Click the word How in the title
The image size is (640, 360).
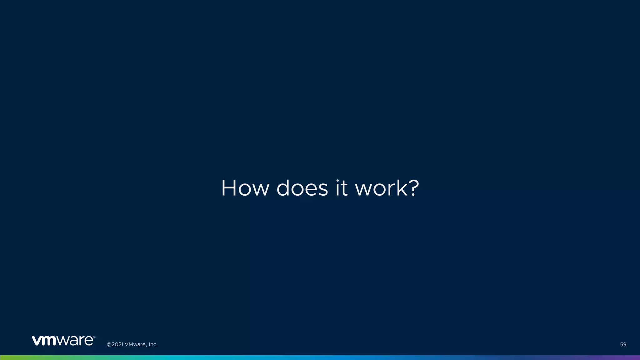pyautogui.click(x=245, y=188)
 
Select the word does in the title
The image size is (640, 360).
pyautogui.click(x=302, y=188)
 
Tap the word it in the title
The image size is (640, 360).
pyautogui.click(x=341, y=188)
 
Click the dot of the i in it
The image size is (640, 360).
pyautogui.click(x=337, y=180)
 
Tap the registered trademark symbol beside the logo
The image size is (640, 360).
pyautogui.click(x=94, y=337)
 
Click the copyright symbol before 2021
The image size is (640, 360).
pyautogui.click(x=109, y=344)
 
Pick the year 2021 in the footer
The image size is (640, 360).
pyautogui.click(x=117, y=344)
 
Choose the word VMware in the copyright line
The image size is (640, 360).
pyautogui.click(x=135, y=344)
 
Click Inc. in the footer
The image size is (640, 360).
pyautogui.click(x=153, y=344)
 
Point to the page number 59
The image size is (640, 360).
pyautogui.click(x=623, y=344)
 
